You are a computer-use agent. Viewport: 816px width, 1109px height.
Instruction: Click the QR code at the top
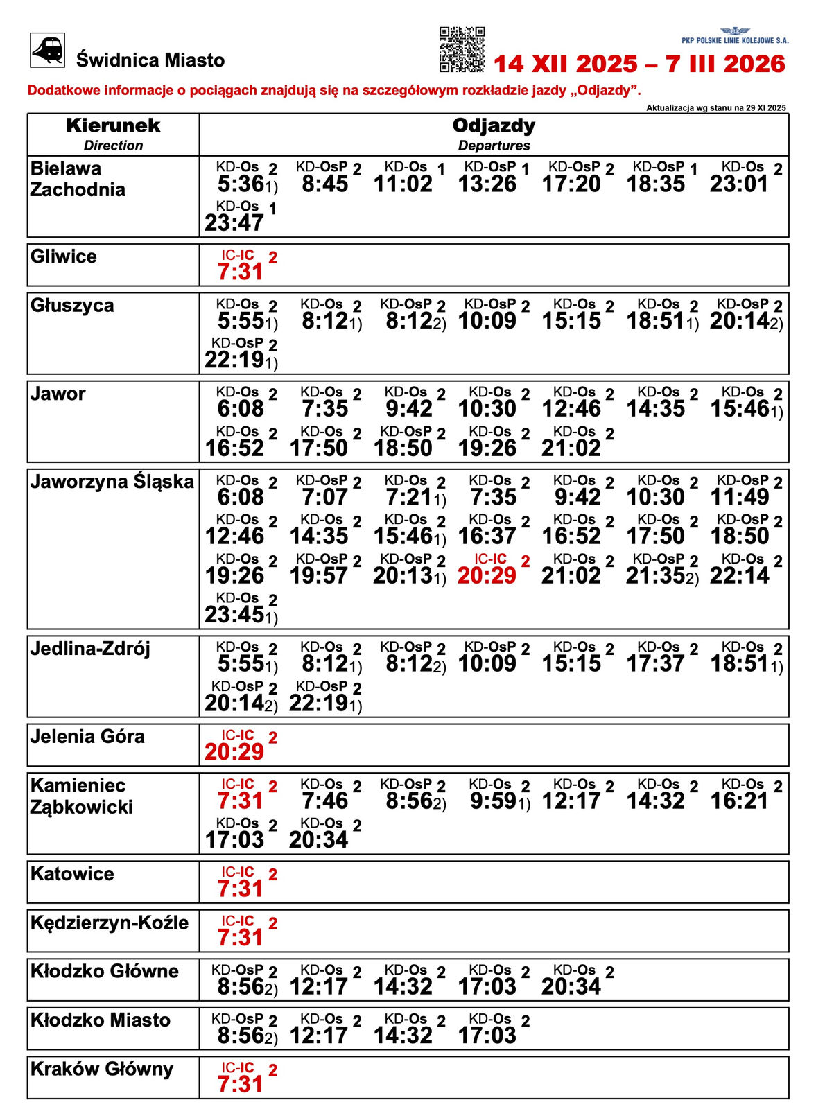462,49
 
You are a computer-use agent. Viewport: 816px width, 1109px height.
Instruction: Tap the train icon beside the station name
47,51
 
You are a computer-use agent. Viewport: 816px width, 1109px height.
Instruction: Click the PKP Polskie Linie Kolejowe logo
735,36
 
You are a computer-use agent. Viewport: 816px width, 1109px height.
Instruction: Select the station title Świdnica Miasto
150,60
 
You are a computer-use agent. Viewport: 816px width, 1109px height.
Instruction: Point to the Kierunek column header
113,126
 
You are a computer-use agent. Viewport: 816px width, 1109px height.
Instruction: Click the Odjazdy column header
494,126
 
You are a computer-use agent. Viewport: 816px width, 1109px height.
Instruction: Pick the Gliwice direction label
64,256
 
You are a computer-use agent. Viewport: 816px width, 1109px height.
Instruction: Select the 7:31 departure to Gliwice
241,272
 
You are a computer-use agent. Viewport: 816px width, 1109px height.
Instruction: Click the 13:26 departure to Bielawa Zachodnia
487,184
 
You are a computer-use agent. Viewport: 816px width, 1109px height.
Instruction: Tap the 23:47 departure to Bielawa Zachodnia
234,222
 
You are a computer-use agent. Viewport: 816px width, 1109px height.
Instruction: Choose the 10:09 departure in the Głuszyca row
487,321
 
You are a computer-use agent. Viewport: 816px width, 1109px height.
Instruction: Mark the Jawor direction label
58,394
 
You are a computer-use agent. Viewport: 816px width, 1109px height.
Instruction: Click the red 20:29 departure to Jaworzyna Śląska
487,575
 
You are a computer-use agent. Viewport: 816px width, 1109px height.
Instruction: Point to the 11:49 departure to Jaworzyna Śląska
740,497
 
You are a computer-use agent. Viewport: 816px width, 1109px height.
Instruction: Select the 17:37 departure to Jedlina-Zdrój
656,663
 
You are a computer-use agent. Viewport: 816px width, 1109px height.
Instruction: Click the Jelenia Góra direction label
87,736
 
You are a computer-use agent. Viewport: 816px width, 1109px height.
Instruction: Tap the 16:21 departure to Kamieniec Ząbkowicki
740,801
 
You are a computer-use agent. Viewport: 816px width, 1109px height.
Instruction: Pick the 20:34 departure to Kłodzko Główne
571,986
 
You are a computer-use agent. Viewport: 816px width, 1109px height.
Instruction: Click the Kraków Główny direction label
102,1069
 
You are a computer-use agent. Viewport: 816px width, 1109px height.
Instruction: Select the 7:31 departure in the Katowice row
241,889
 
